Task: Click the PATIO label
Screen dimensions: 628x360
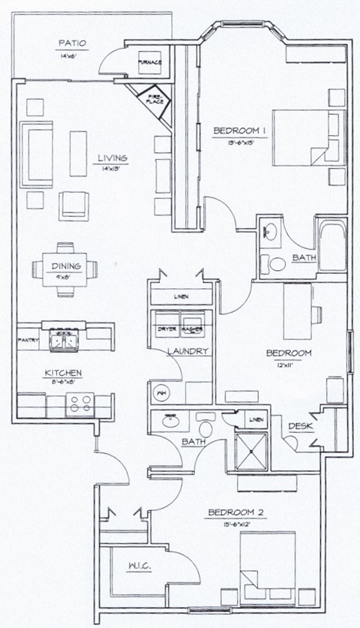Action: pyautogui.click(x=73, y=44)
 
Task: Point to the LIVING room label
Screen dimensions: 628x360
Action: pyautogui.click(x=111, y=158)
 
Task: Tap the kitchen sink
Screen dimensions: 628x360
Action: pyautogui.click(x=62, y=341)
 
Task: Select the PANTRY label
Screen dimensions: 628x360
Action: pyautogui.click(x=28, y=340)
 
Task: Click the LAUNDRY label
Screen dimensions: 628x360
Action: pyautogui.click(x=187, y=351)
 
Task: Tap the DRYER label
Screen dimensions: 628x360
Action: pyautogui.click(x=167, y=329)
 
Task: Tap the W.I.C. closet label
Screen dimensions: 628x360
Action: pyautogui.click(x=140, y=568)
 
